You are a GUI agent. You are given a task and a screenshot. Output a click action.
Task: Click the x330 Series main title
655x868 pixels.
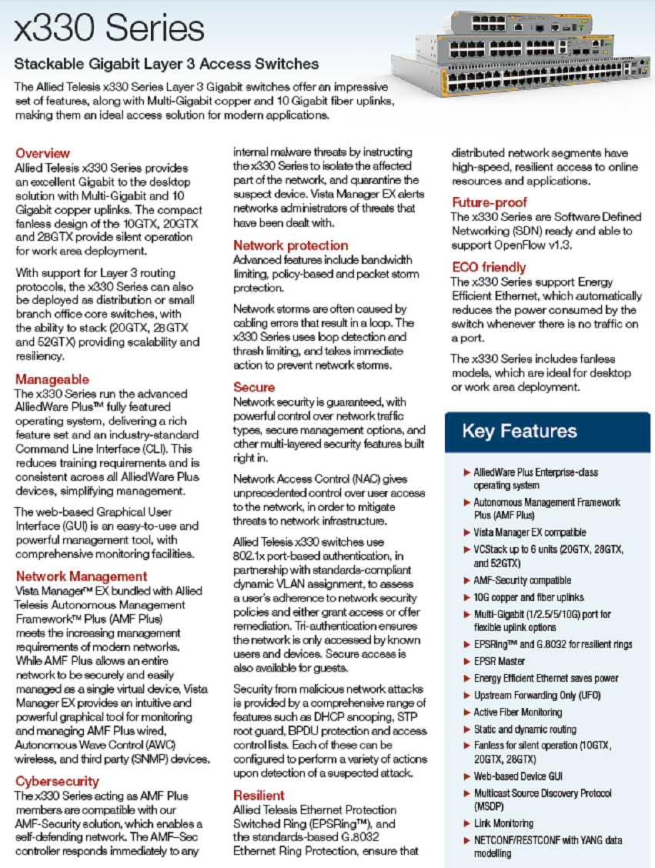[110, 29]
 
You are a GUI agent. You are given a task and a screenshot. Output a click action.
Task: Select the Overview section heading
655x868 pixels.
[42, 153]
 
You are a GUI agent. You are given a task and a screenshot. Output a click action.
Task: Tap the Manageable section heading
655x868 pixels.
[52, 379]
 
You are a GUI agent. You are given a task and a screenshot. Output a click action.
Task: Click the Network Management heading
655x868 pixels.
[81, 576]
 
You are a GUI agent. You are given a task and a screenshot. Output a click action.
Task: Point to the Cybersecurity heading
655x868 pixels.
[57, 781]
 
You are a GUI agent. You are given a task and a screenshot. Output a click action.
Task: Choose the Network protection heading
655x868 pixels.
[290, 245]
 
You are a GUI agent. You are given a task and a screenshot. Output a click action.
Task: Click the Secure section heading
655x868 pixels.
[254, 387]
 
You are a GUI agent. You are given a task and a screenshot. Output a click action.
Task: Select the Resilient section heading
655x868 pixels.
[259, 795]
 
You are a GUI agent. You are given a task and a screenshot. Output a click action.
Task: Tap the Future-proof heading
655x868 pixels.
[489, 202]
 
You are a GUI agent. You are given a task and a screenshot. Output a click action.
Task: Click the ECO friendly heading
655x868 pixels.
[488, 268]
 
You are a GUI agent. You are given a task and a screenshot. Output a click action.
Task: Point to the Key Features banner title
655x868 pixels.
[519, 431]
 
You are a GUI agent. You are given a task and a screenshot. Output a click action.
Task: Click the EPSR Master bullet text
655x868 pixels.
[500, 661]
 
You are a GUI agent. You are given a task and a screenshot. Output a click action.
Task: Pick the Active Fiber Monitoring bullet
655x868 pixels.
[517, 712]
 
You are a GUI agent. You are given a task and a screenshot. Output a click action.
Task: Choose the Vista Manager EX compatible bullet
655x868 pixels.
[530, 532]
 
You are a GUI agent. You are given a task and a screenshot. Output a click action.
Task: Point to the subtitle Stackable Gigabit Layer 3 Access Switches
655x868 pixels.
[166, 64]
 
